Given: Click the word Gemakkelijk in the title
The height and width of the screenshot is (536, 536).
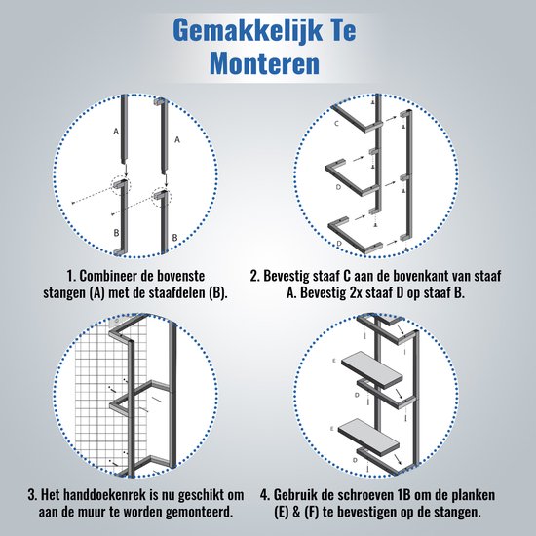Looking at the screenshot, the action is pos(248,31).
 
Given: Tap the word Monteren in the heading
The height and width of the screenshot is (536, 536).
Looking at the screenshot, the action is pos(264,63).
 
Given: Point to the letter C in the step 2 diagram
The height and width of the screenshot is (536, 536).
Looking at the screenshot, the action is pos(336,124).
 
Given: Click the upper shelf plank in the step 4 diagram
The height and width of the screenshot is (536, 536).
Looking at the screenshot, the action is pos(372,370).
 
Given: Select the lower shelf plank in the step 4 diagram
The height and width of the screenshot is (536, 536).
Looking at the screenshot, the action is pos(368,436).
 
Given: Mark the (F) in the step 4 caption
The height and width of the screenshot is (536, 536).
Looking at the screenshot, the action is pos(310,513).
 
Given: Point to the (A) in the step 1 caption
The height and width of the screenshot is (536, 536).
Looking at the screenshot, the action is pos(96,293).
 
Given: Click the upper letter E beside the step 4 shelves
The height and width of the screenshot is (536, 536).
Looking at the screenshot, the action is pos(334,361).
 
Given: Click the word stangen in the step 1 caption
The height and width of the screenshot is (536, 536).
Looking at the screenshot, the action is pos(65,294).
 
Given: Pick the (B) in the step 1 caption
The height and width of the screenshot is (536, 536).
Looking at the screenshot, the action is pos(217,293).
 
